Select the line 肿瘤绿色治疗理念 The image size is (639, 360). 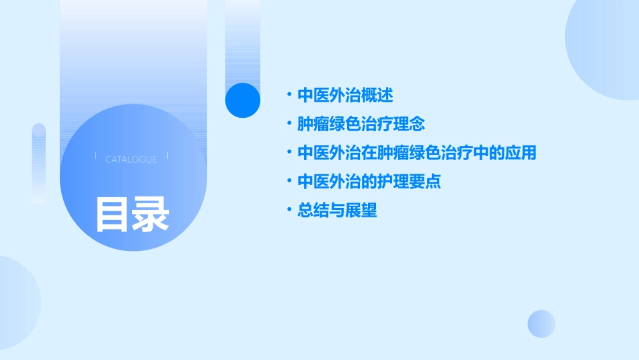[x=361, y=124]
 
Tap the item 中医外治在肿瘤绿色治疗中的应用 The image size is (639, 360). [x=416, y=153]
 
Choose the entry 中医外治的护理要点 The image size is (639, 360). [x=369, y=182]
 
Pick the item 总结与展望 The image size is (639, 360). [x=337, y=211]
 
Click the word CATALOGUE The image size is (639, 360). [x=131, y=159]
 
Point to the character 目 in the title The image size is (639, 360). [x=112, y=214]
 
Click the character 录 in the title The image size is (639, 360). [x=151, y=214]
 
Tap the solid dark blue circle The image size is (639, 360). [x=242, y=100]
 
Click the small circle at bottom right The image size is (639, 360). [x=541, y=324]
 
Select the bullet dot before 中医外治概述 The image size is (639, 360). [x=289, y=95]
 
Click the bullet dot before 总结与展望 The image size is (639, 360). [x=289, y=211]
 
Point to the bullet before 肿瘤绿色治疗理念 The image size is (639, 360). [x=289, y=124]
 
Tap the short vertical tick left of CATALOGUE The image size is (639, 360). [x=96, y=155]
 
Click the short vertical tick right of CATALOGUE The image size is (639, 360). [x=167, y=155]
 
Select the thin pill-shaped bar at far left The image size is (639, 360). [x=39, y=164]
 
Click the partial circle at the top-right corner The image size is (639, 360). [x=605, y=47]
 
